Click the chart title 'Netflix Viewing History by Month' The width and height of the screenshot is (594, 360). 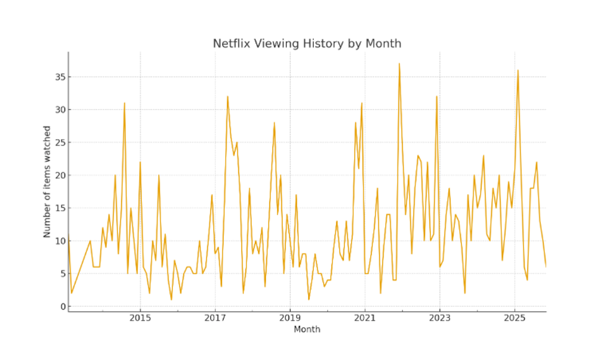(x=307, y=43)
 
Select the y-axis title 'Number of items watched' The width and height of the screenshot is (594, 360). (x=47, y=182)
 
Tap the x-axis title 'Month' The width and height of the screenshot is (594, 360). (x=307, y=330)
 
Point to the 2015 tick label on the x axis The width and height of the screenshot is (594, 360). (x=140, y=318)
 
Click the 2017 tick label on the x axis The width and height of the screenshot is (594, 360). (x=215, y=318)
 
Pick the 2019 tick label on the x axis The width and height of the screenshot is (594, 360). (x=290, y=318)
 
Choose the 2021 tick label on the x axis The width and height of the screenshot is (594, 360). (x=365, y=318)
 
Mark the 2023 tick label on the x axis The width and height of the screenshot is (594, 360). (x=440, y=318)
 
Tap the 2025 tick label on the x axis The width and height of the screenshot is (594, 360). (x=515, y=318)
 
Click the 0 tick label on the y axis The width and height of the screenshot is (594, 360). (x=62, y=306)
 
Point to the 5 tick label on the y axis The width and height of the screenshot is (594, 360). (x=62, y=273)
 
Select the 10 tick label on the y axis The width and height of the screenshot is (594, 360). (x=60, y=240)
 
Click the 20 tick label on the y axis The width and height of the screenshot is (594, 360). (x=60, y=175)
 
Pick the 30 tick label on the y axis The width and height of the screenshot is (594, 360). (x=60, y=110)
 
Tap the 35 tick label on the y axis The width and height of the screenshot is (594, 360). (x=60, y=77)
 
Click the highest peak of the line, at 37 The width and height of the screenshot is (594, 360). (x=399, y=64)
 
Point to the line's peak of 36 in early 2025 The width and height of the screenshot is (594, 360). (x=518, y=70)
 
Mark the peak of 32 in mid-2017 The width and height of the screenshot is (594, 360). (x=228, y=97)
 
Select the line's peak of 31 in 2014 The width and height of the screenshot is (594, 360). (x=125, y=103)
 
